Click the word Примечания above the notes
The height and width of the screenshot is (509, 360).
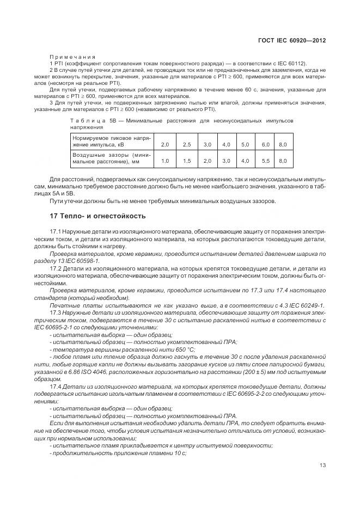tap(72, 57)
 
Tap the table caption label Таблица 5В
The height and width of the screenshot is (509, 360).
tap(89, 120)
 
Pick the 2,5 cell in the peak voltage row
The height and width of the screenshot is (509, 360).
tap(187, 144)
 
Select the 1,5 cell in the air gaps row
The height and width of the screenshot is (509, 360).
tap(187, 161)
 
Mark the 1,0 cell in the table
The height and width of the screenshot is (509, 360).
tap(165, 161)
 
